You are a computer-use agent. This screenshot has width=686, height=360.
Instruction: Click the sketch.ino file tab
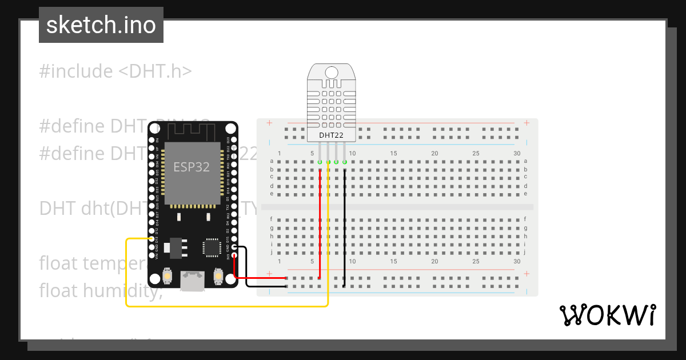click(x=101, y=25)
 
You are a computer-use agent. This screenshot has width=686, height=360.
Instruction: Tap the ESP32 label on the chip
click(x=192, y=167)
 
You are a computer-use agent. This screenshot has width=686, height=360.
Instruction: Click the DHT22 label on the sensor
click(x=331, y=135)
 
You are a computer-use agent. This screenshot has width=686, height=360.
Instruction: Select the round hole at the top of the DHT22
click(x=332, y=73)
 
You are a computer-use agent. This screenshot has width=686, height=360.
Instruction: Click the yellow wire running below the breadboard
click(x=229, y=306)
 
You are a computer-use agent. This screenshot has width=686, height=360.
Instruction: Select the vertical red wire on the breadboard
click(x=320, y=223)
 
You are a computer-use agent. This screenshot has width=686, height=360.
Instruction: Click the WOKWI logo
click(x=607, y=315)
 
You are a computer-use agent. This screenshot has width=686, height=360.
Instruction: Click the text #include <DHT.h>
click(x=115, y=71)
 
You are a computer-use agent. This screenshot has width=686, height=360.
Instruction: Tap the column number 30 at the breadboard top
click(x=517, y=153)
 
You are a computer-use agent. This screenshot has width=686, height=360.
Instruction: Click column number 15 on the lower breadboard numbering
click(x=393, y=261)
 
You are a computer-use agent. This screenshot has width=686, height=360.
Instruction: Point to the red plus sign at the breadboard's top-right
click(x=527, y=123)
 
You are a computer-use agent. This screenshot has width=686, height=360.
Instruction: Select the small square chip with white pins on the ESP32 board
click(x=212, y=247)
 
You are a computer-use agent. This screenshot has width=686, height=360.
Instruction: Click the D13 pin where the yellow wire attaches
click(x=152, y=239)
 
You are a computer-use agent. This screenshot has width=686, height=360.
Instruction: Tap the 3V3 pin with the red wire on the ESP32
click(x=234, y=255)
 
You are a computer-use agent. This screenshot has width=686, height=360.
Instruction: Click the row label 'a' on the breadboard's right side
click(x=525, y=162)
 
